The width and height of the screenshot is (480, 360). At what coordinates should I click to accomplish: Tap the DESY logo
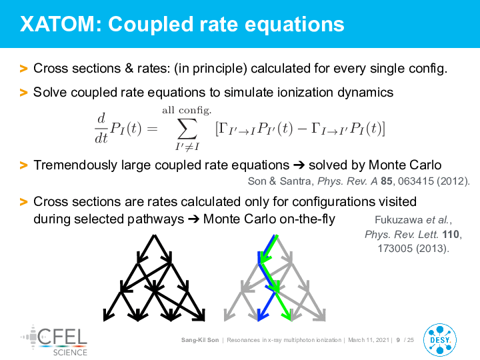439,340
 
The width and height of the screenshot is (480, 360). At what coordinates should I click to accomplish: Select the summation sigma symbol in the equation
187,129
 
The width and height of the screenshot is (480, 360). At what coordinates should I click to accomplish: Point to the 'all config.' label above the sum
187,110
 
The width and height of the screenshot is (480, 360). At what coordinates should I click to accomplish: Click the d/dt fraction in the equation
101,128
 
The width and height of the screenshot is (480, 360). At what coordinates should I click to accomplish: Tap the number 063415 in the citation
416,181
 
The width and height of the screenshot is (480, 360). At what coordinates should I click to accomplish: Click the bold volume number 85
386,181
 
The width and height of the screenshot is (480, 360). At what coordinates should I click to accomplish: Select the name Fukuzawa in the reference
399,220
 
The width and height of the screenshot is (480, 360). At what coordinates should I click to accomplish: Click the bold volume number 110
451,235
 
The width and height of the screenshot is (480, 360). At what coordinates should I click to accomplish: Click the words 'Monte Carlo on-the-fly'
269,219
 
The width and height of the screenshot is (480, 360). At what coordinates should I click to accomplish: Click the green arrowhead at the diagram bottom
288,315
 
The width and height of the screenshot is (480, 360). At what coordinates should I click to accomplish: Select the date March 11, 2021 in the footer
369,340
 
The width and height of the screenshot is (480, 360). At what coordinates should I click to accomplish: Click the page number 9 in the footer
398,340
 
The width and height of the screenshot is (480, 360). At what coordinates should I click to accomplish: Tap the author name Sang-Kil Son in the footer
200,340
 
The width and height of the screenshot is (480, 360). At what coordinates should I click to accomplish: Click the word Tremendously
75,165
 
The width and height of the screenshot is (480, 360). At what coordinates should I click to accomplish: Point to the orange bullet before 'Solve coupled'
23,93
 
